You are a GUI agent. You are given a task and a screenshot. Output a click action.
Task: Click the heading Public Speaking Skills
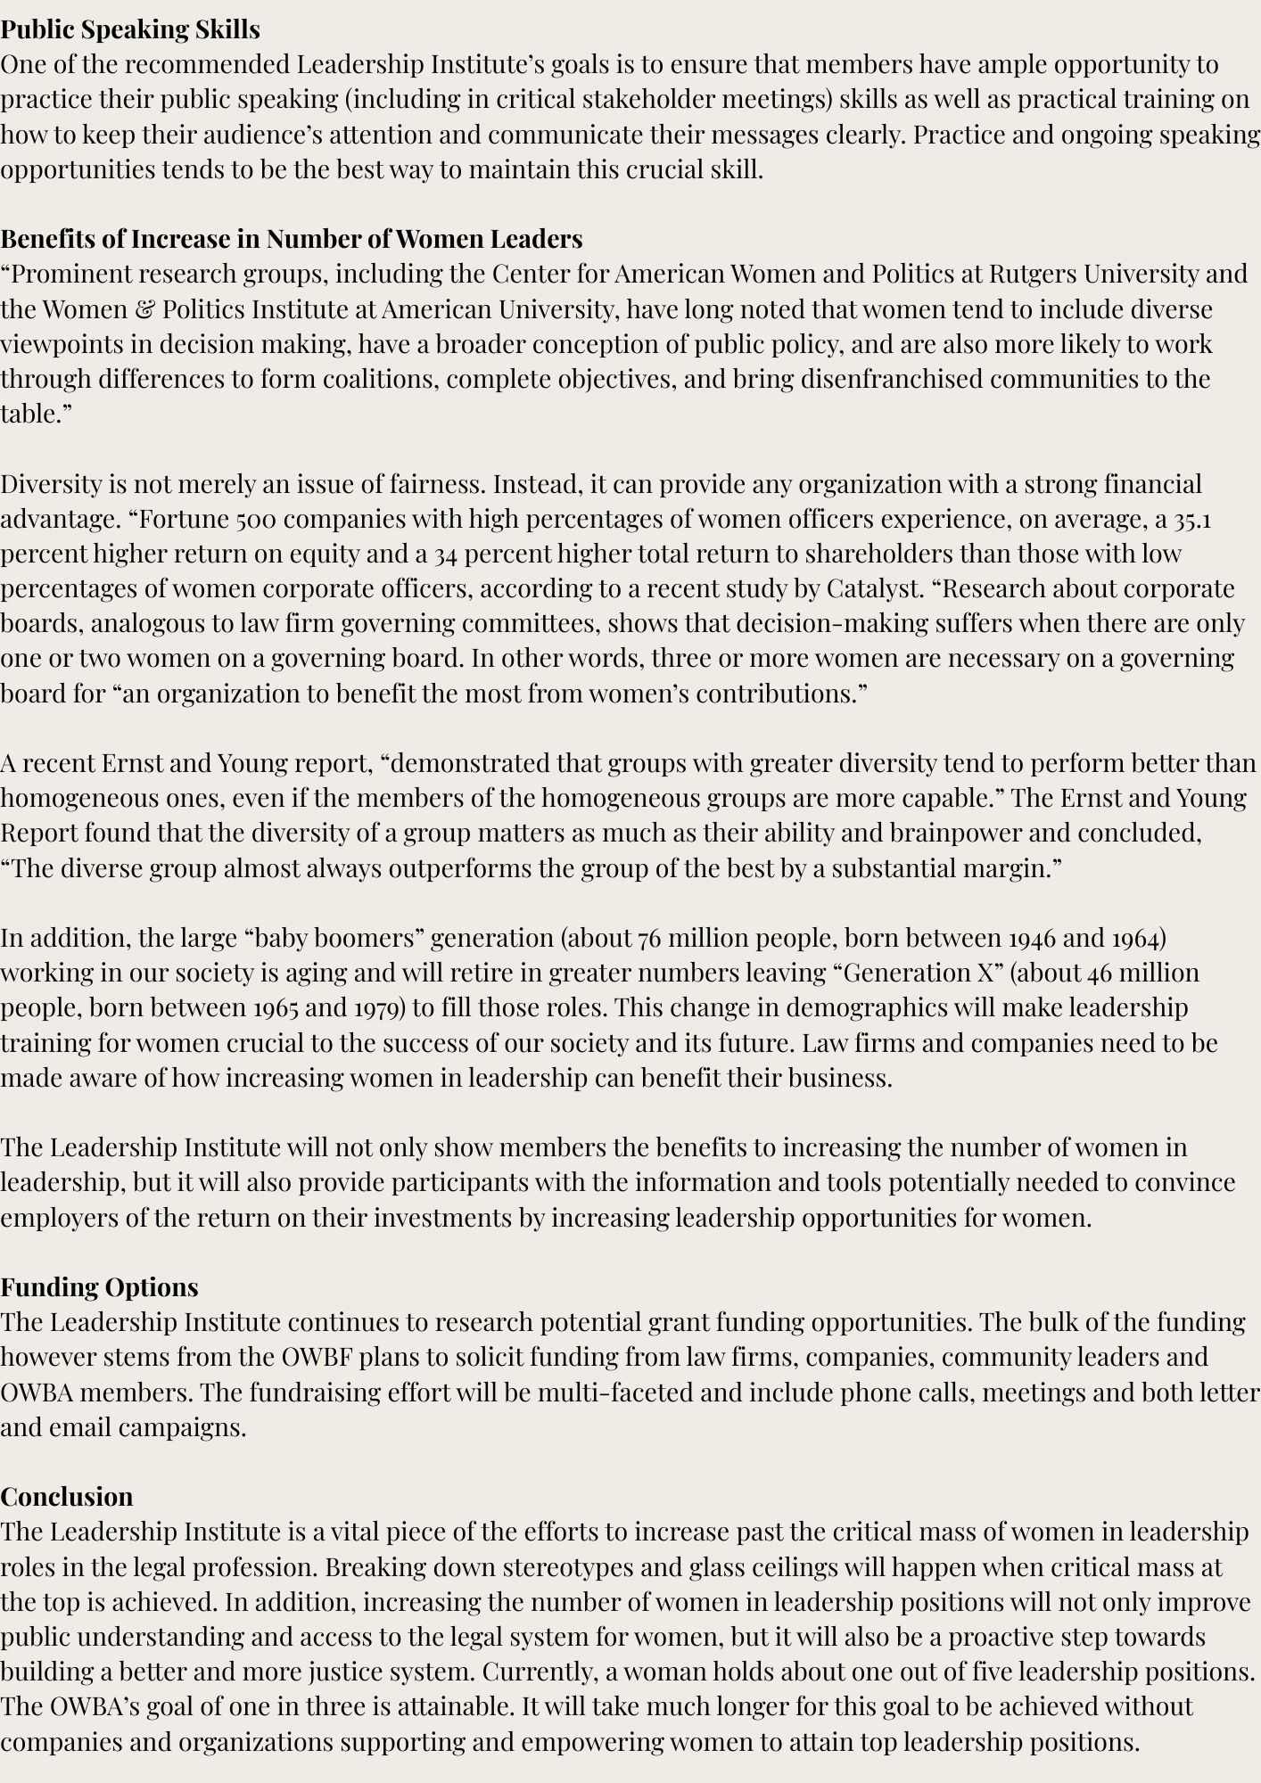(130, 29)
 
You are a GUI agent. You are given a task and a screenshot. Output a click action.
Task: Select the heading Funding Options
(99, 1286)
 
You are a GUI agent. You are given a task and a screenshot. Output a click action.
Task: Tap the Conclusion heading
(67, 1496)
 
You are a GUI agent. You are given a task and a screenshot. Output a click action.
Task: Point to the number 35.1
(1192, 519)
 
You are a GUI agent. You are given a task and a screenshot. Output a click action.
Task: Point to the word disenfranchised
(892, 379)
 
